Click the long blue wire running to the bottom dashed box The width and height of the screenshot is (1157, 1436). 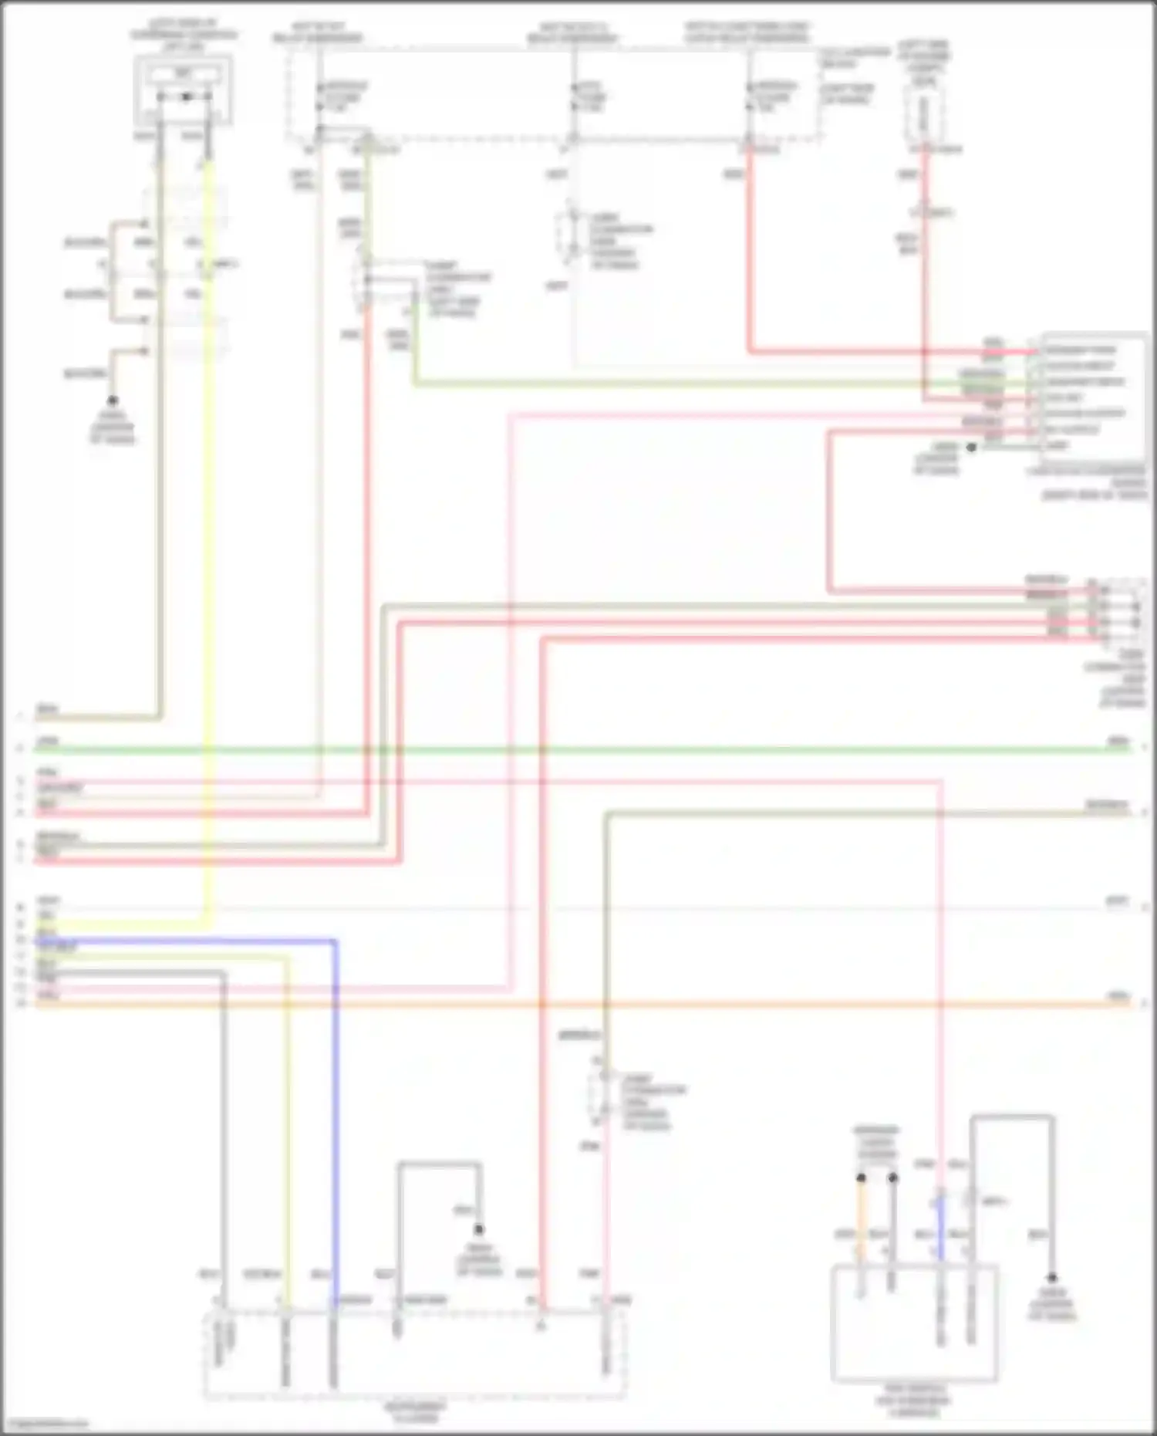(x=334, y=1119)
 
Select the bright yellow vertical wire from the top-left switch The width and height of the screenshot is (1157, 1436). (x=208, y=540)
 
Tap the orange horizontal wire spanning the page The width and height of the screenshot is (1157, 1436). (x=694, y=1004)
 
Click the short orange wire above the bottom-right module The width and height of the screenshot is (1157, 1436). (x=862, y=1219)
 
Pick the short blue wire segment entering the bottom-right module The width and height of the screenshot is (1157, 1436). (x=941, y=1227)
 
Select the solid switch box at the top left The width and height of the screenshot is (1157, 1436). (x=184, y=91)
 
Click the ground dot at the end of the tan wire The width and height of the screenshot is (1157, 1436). (x=113, y=400)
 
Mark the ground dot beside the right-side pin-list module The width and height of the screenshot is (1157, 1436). (x=972, y=447)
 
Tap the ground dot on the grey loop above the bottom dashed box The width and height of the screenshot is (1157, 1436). (x=479, y=1229)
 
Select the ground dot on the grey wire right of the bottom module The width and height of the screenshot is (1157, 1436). (x=1051, y=1277)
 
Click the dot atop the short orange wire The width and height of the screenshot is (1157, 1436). (x=862, y=1178)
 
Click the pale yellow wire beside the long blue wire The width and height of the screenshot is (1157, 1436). (x=288, y=1119)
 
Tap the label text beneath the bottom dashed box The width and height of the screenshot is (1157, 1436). (x=415, y=1413)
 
